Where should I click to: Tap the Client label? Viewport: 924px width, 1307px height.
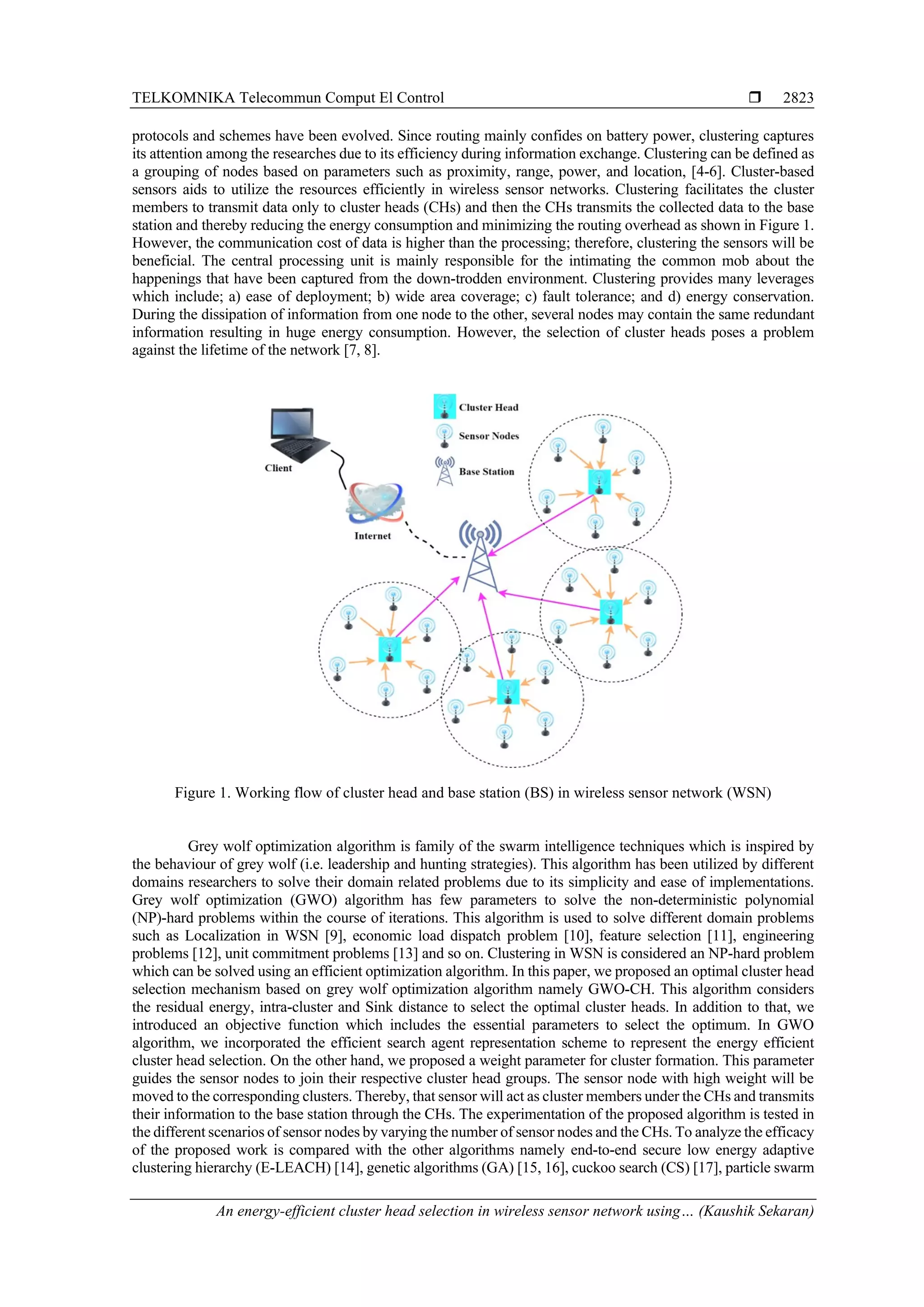(x=278, y=468)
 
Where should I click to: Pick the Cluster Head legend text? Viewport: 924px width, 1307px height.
(x=489, y=407)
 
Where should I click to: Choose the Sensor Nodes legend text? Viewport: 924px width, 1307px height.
(x=489, y=436)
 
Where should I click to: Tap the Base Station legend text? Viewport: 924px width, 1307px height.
(x=486, y=472)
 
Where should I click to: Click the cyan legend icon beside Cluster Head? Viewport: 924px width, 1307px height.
(x=445, y=406)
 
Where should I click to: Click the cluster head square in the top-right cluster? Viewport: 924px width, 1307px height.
(x=599, y=481)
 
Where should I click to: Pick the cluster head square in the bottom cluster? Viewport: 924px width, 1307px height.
(x=508, y=692)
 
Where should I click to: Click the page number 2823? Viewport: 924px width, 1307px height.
(x=798, y=98)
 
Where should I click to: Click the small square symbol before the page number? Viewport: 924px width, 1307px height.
(x=755, y=97)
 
